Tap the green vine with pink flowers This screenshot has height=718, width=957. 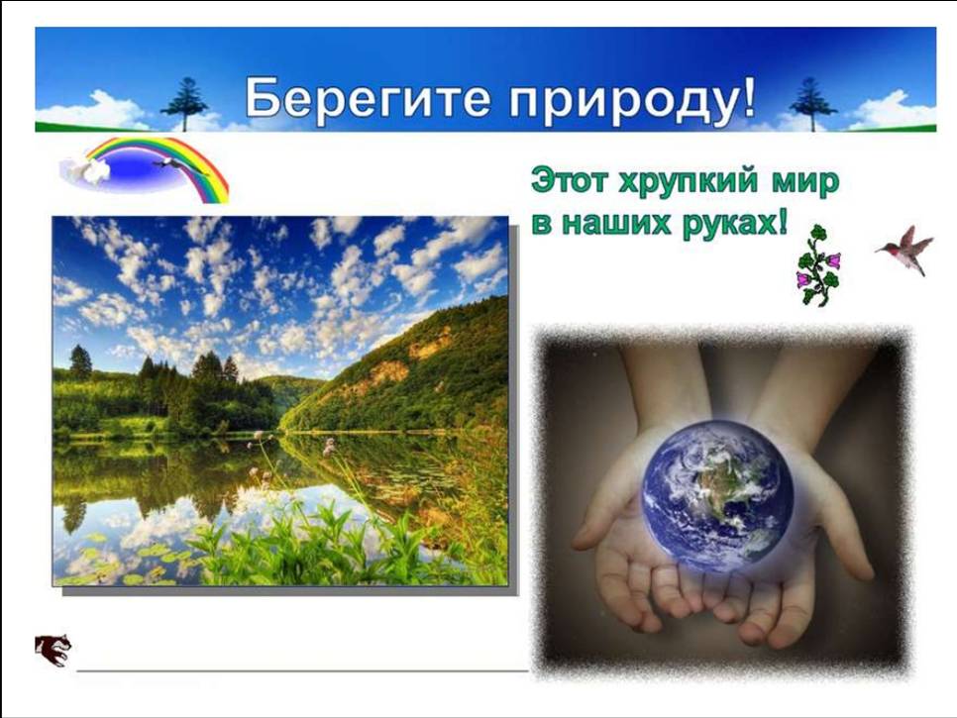pyautogui.click(x=818, y=265)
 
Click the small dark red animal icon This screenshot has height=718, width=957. pyautogui.click(x=53, y=651)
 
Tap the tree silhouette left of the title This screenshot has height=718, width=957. pyautogui.click(x=183, y=104)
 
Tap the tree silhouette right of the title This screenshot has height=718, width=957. pyautogui.click(x=812, y=104)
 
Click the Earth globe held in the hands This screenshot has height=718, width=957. pyautogui.click(x=718, y=496)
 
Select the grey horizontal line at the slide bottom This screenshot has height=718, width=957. pyautogui.click(x=302, y=670)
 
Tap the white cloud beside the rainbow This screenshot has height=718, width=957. pyautogui.click(x=86, y=169)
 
